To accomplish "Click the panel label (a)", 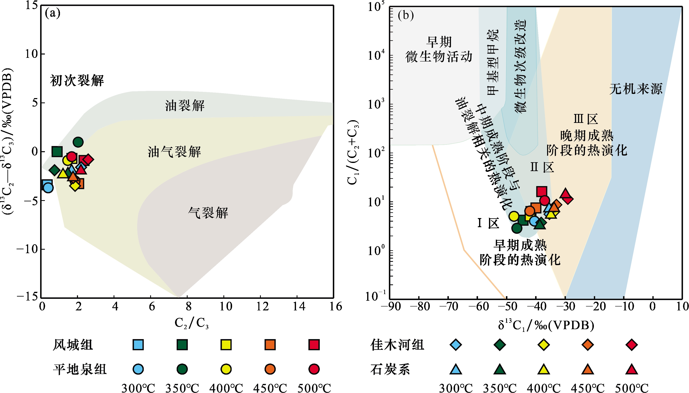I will pyautogui.click(x=53, y=13).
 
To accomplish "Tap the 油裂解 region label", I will pyautogui.click(x=185, y=106).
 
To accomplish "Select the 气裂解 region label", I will pyautogui.click(x=208, y=213).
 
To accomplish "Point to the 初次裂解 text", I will pyautogui.click(x=77, y=80).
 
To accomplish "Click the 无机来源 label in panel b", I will pyautogui.click(x=636, y=89).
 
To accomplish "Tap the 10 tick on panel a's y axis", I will pyautogui.click(x=32, y=54).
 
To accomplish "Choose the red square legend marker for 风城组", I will pyautogui.click(x=314, y=345).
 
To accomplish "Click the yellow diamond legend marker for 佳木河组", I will pyautogui.click(x=544, y=345).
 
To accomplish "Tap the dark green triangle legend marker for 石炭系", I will pyautogui.click(x=500, y=369).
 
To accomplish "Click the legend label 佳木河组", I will pyautogui.click(x=397, y=345).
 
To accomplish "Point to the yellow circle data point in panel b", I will pyautogui.click(x=514, y=216).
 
